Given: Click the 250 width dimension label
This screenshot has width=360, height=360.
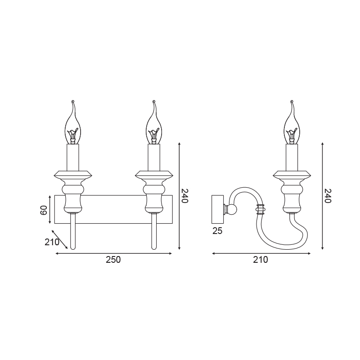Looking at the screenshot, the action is pyautogui.click(x=113, y=260).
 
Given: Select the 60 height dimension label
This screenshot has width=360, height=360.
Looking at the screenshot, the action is pyautogui.click(x=44, y=210).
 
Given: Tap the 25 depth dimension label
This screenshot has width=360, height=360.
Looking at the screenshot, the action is pyautogui.click(x=217, y=231).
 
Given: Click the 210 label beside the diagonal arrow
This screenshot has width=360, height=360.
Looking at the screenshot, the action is pyautogui.click(x=52, y=242).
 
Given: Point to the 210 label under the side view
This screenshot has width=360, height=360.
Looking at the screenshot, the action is pyautogui.click(x=261, y=260).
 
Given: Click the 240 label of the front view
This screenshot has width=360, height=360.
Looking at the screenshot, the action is pyautogui.click(x=185, y=196).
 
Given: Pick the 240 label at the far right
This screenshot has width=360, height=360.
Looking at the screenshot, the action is pyautogui.click(x=328, y=196).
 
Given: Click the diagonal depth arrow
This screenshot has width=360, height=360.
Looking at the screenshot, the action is pyautogui.click(x=60, y=239).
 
